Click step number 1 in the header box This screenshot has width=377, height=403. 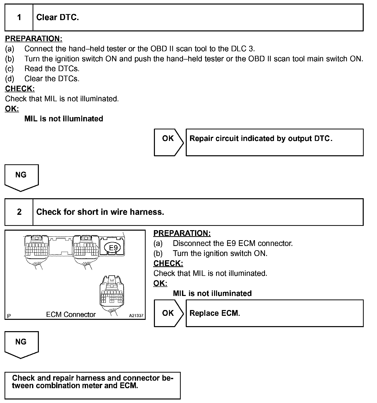[x=19, y=17]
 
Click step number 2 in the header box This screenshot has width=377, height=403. [x=19, y=212]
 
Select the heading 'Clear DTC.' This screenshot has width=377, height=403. [x=58, y=17]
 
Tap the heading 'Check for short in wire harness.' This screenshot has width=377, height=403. [x=100, y=212]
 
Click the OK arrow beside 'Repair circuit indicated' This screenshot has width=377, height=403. [x=168, y=142]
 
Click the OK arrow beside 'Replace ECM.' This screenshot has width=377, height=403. [x=168, y=313]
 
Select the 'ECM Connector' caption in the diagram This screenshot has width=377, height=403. [x=71, y=315]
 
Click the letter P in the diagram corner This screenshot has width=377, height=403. [x=9, y=316]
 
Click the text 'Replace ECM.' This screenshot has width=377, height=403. [x=215, y=313]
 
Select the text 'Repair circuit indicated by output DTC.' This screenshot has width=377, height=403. [x=261, y=138]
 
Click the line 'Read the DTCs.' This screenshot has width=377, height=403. [x=52, y=69]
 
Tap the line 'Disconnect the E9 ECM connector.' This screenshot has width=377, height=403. [x=233, y=243]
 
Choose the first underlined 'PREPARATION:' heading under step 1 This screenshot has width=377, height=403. [x=34, y=39]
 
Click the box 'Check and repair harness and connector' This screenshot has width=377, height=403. [x=92, y=385]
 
